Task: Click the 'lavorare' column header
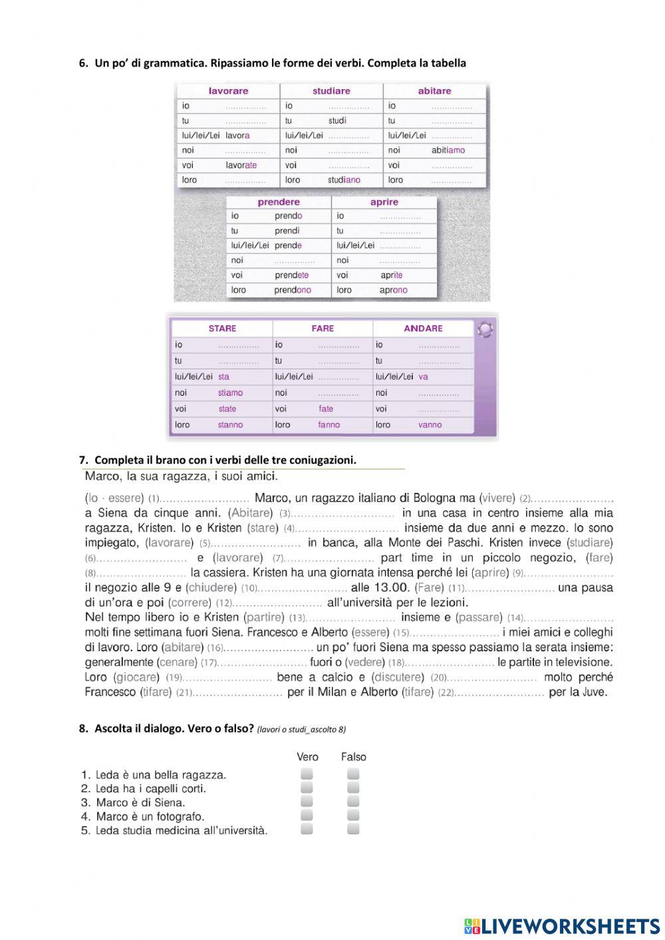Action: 228,91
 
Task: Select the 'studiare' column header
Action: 331,91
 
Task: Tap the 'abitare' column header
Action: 434,91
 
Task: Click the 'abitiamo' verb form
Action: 448,150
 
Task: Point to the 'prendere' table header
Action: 279,202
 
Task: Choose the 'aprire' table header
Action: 384,202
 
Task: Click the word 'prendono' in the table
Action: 293,290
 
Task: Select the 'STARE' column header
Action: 222,329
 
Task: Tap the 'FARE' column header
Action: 323,329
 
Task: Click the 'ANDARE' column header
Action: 423,329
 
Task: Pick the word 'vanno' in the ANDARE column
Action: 430,425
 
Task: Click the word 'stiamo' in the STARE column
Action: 230,393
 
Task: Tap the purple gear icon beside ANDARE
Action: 485,329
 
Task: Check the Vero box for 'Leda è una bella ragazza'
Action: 307,774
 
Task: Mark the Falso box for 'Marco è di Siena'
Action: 353,802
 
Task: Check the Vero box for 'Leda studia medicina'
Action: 307,829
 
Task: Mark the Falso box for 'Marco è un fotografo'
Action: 353,816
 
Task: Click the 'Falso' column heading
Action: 353,757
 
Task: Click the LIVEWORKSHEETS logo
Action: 561,925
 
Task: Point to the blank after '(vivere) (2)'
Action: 573,498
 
